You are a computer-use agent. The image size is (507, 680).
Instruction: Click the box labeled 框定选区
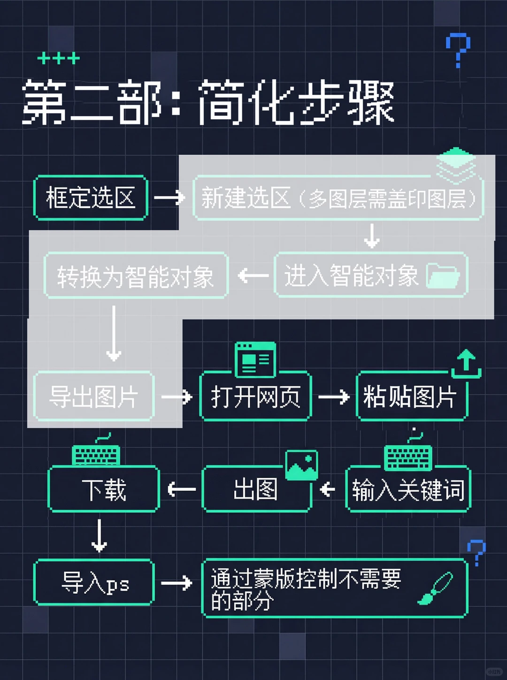pyautogui.click(x=91, y=198)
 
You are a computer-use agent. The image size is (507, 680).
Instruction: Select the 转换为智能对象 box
pyautogui.click(x=136, y=276)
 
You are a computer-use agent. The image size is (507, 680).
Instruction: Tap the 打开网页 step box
pyautogui.click(x=255, y=397)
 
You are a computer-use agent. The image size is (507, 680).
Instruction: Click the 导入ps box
pyautogui.click(x=94, y=582)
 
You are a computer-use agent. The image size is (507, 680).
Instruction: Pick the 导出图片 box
pyautogui.click(x=93, y=397)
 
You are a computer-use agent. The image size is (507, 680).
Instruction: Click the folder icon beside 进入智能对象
pyautogui.click(x=443, y=275)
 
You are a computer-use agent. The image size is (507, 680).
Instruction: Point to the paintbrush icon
pyautogui.click(x=435, y=588)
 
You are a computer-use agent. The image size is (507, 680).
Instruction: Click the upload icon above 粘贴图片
pyautogui.click(x=466, y=364)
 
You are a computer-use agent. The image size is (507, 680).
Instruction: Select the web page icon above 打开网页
pyautogui.click(x=255, y=359)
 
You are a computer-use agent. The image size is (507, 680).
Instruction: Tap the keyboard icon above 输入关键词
pyautogui.click(x=408, y=455)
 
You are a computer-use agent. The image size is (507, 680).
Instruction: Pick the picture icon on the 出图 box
pyautogui.click(x=301, y=465)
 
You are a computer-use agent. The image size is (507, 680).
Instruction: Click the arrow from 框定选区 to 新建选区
pyautogui.click(x=169, y=198)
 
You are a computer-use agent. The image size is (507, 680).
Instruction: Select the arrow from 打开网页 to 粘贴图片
pyautogui.click(x=333, y=397)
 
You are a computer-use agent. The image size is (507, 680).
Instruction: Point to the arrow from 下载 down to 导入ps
pyautogui.click(x=99, y=535)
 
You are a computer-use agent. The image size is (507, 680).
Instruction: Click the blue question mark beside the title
pyautogui.click(x=458, y=49)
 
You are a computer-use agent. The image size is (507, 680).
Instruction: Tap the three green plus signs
pyautogui.click(x=59, y=58)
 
